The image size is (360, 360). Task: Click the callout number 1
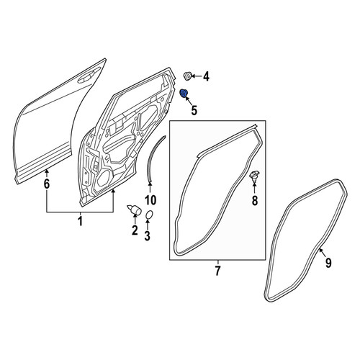pyautogui.click(x=81, y=221)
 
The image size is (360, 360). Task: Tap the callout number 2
pyautogui.click(x=135, y=230)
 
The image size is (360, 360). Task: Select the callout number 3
pyautogui.click(x=147, y=235)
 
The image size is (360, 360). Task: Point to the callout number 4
pyautogui.click(x=206, y=77)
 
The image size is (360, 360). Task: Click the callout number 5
pyautogui.click(x=194, y=110)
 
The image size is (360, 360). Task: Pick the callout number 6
pyautogui.click(x=47, y=184)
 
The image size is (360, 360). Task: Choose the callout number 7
pyautogui.click(x=217, y=271)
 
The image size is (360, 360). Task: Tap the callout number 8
pyautogui.click(x=255, y=200)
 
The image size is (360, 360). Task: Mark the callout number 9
pyautogui.click(x=328, y=263)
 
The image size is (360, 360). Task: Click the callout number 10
pyautogui.click(x=150, y=200)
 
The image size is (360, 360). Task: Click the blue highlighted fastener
pyautogui.click(x=184, y=93)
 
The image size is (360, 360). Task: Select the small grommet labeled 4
pyautogui.click(x=187, y=76)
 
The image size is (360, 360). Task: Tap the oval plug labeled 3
pyautogui.click(x=149, y=215)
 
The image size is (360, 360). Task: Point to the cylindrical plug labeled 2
pyautogui.click(x=135, y=210)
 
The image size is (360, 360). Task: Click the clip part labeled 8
pyautogui.click(x=255, y=174)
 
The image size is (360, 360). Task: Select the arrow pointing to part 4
pyautogui.click(x=197, y=76)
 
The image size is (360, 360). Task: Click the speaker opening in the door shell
pyautogui.click(x=104, y=178)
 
